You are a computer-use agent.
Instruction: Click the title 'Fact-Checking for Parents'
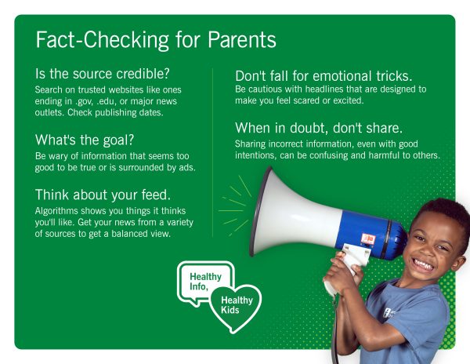pos(156,40)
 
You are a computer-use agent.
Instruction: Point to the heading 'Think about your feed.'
pos(101,195)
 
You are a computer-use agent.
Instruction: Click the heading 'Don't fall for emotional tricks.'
pos(324,76)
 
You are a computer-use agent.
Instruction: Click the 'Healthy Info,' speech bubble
pos(205,282)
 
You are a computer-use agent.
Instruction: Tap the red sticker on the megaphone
pos(367,238)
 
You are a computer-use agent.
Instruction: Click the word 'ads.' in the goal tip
pos(185,166)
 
